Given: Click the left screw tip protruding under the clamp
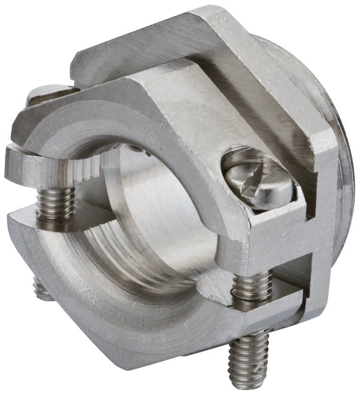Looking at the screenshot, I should (41, 289).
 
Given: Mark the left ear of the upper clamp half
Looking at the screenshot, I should (28, 162).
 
